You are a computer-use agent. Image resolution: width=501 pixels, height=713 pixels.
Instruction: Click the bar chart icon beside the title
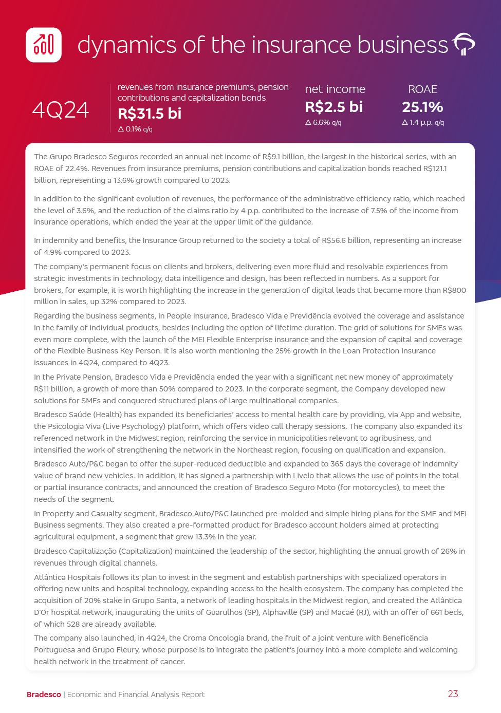tap(44, 45)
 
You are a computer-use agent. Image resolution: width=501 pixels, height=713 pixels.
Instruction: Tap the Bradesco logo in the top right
tap(463, 45)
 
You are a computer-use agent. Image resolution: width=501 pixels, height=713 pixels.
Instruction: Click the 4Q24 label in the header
tap(61, 110)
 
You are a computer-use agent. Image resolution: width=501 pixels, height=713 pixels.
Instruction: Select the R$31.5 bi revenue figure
tap(150, 113)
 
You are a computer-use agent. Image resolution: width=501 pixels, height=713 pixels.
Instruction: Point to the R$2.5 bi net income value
tap(333, 107)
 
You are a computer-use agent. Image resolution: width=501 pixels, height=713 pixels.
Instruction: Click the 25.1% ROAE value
tap(422, 107)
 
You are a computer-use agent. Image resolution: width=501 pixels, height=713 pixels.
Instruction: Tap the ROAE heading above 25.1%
tap(422, 89)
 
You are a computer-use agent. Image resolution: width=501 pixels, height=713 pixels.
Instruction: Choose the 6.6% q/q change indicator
tap(323, 123)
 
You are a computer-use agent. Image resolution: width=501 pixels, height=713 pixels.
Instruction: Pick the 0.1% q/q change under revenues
tap(135, 129)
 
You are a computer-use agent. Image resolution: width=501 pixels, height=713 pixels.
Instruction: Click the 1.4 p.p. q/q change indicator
tap(423, 123)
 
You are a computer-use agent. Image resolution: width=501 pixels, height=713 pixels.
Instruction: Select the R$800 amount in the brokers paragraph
tap(454, 290)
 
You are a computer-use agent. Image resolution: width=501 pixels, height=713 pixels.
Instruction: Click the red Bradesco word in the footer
tap(44, 695)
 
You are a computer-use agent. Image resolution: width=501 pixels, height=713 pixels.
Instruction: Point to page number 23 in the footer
tap(453, 694)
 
